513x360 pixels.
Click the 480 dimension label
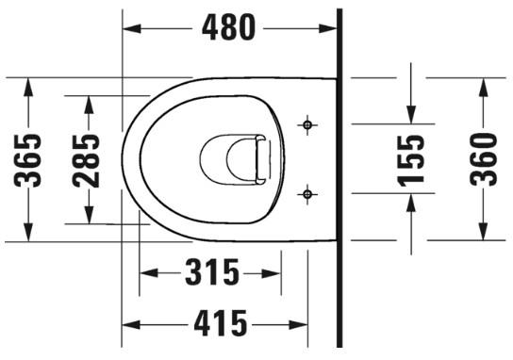[x=228, y=27]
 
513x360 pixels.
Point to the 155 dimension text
[x=411, y=158]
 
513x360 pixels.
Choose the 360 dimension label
[x=483, y=158]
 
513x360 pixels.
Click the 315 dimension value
[x=211, y=274]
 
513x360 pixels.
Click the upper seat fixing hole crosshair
[x=306, y=123]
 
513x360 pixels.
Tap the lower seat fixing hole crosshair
[x=306, y=194]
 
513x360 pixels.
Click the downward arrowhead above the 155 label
[x=411, y=114]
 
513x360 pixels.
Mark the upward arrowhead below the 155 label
[x=411, y=202]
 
